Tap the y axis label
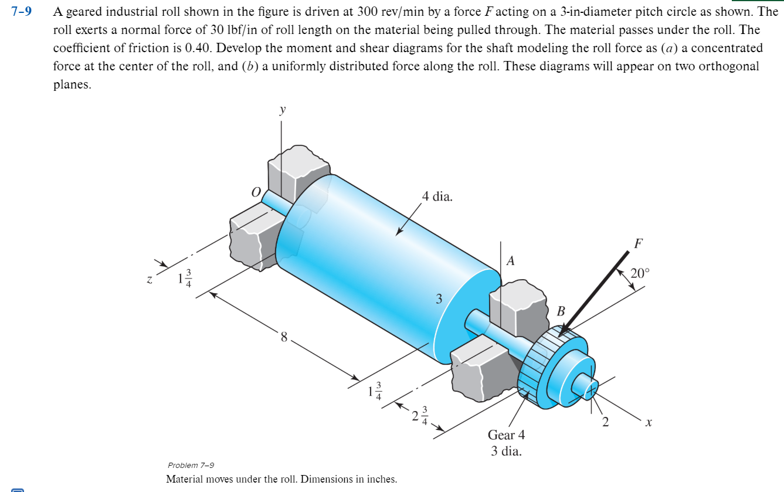coord(283,110)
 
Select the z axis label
coord(150,281)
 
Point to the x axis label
coord(648,422)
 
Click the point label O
coord(255,192)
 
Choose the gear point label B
coord(560,311)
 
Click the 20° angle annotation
coord(640,273)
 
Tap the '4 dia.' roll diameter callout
coord(437,196)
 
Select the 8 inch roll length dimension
coord(284,337)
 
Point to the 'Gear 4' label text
coord(506,435)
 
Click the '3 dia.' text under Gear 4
coord(506,452)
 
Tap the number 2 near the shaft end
coord(606,422)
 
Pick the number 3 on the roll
coord(438,299)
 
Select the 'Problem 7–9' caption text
coord(191,464)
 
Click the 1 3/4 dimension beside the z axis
coord(184,278)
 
